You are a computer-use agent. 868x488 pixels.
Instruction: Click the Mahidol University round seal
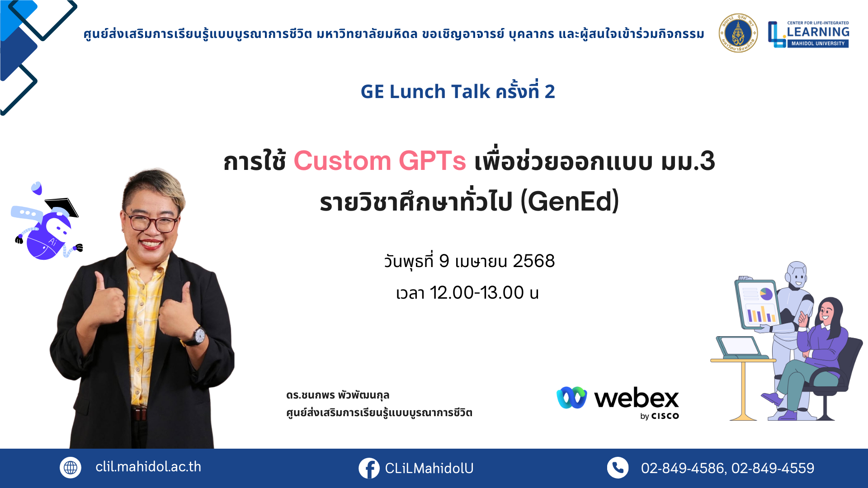coord(738,33)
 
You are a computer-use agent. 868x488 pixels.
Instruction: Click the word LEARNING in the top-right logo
coord(818,32)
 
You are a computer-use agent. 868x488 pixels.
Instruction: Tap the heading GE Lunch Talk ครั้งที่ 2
coord(458,91)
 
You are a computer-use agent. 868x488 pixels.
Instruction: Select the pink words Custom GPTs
coord(380,161)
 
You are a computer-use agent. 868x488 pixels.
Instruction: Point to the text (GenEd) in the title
coord(570,202)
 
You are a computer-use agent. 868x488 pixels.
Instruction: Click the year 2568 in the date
coord(533,261)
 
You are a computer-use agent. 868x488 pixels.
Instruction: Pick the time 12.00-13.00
coord(477,293)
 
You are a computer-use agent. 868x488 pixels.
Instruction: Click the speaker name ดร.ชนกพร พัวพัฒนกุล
coord(338,395)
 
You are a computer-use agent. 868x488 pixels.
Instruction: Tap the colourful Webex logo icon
coord(572,398)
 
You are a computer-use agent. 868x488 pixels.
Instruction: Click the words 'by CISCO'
coord(660,416)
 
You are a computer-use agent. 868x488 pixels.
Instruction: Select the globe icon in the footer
coord(71,468)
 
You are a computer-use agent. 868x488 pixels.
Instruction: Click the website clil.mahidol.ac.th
coord(148,467)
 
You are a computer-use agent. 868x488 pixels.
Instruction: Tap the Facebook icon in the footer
coord(369,468)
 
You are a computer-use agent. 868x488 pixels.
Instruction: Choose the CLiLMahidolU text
coord(429,469)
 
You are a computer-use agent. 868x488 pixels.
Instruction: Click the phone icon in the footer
coord(618,468)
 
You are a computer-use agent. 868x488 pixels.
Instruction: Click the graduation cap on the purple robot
coord(62,206)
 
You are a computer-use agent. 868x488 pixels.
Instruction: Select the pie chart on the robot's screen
coord(766,294)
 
